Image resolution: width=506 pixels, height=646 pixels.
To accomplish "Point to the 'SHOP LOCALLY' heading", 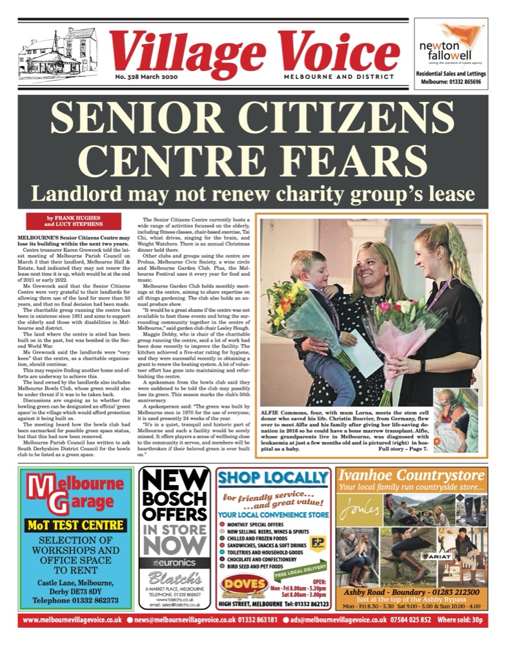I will [273, 479].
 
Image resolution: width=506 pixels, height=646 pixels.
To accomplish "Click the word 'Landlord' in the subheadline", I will [86, 193].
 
